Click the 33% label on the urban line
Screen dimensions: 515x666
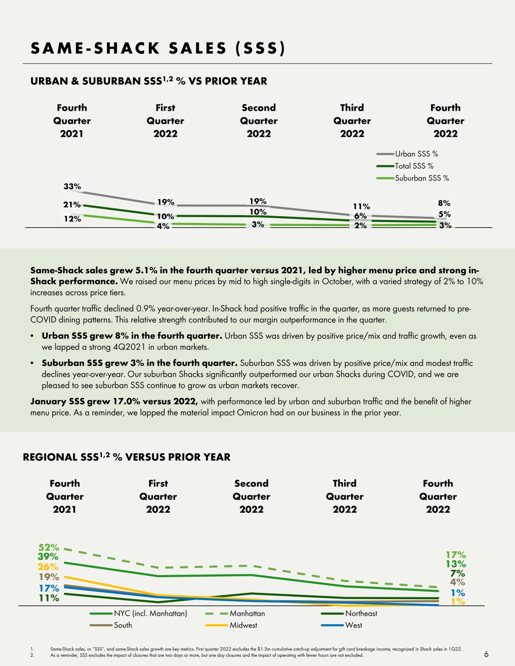(x=72, y=186)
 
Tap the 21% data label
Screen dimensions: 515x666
(x=72, y=204)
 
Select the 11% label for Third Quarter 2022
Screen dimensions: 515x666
(x=361, y=206)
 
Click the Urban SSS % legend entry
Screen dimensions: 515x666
(x=408, y=154)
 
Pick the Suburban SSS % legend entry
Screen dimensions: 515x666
(x=412, y=178)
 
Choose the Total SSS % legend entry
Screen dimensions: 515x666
(x=405, y=166)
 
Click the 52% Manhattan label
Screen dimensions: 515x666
(x=49, y=547)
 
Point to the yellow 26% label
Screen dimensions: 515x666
(x=48, y=566)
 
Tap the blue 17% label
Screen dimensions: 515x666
(x=49, y=588)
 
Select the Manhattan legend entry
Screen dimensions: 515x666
(x=235, y=613)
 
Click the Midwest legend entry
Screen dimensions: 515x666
(x=231, y=625)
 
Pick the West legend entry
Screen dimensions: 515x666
(x=342, y=625)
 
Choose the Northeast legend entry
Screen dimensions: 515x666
(x=349, y=613)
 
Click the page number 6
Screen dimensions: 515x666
(x=486, y=654)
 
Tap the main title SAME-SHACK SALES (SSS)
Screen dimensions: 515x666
(x=158, y=48)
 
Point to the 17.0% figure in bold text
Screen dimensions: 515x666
(x=126, y=401)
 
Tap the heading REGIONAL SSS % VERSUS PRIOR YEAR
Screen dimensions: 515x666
(x=126, y=457)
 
